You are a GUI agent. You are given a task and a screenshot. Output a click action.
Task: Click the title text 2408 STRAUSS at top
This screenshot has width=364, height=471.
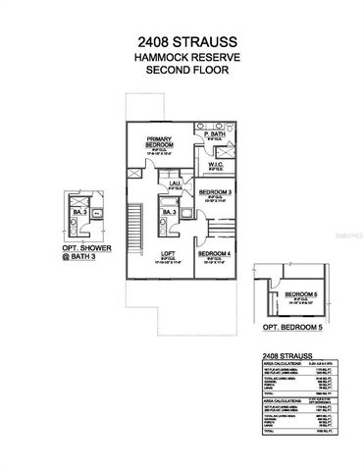click(x=182, y=43)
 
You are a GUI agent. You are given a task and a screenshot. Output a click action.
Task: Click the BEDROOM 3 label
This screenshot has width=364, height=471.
click(x=216, y=192)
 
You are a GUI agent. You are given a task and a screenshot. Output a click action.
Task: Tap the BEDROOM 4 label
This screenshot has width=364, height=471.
click(x=216, y=253)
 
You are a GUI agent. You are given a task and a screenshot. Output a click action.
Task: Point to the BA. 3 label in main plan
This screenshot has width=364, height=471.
click(x=169, y=212)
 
